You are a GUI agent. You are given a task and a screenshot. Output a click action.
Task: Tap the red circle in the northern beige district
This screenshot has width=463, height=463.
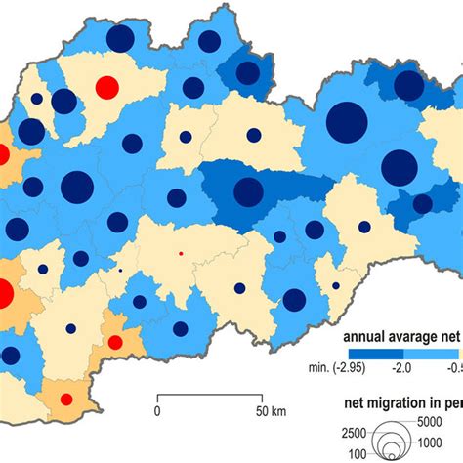[106, 88]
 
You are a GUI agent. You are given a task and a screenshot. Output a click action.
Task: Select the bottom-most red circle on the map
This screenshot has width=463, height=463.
[66, 400]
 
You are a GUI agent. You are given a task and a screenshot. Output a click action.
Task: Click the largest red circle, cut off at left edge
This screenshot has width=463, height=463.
[3, 294]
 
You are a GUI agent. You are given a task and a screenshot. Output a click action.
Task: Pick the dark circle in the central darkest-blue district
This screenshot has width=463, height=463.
[248, 191]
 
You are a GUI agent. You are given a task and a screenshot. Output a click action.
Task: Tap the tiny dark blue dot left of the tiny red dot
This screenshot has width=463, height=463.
[120, 271]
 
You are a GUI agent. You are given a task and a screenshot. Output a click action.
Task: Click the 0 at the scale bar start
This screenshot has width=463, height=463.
[156, 411]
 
